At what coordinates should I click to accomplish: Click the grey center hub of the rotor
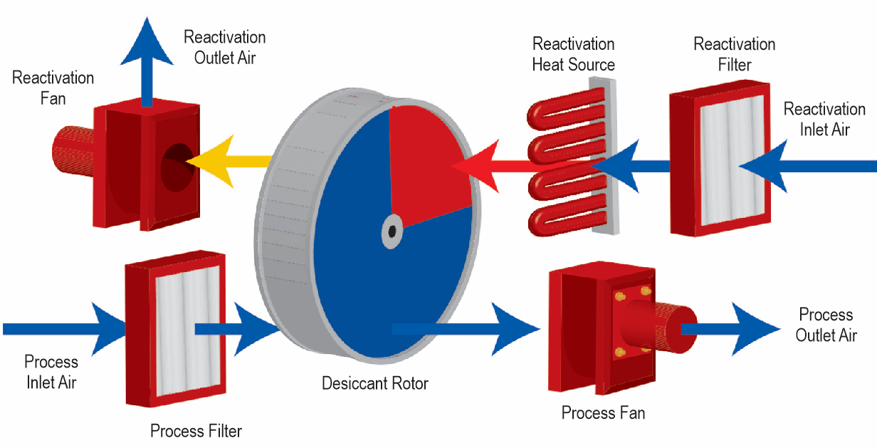coord(391,231)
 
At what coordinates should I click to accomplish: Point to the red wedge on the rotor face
coord(427,164)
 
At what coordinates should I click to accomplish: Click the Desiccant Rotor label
coord(375,384)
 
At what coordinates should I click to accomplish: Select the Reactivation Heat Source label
coord(573,54)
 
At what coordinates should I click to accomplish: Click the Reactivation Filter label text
coord(734,54)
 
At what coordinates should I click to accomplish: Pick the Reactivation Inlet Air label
coord(824,119)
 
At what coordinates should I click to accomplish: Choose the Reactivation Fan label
coord(53,87)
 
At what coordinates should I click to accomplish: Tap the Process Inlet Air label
coord(51,372)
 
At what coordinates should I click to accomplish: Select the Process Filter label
coord(196,431)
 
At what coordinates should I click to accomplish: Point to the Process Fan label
coord(603,412)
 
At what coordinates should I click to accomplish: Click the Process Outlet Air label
coord(826,325)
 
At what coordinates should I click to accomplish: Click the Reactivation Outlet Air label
coord(224,47)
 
